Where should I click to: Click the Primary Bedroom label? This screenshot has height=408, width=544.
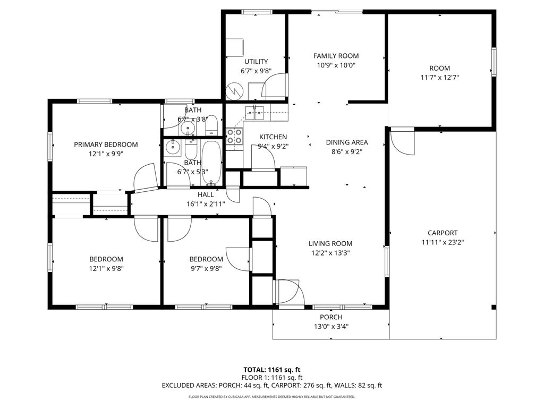(x=106, y=144)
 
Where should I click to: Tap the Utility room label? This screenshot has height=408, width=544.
(x=256, y=62)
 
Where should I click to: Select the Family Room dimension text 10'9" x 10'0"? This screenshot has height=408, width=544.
(x=336, y=65)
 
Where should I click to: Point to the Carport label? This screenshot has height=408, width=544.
(x=443, y=233)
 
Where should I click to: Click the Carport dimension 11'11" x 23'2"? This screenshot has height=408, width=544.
(x=443, y=243)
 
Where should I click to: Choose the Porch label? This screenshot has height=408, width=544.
(x=331, y=317)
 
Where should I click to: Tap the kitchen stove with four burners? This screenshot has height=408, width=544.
(x=234, y=137)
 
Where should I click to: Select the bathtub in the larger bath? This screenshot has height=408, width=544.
(x=211, y=162)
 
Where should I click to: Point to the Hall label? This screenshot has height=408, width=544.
(x=206, y=194)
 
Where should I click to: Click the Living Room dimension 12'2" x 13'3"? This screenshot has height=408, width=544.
(x=330, y=253)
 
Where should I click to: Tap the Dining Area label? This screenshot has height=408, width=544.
(x=346, y=142)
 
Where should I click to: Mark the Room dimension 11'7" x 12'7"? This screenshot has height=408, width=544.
(x=439, y=78)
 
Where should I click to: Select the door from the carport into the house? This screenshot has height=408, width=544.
(x=402, y=141)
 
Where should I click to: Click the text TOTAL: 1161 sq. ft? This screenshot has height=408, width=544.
(x=272, y=370)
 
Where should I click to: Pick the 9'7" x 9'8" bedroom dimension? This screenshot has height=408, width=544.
(x=206, y=268)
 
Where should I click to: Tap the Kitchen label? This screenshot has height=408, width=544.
(x=273, y=137)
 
